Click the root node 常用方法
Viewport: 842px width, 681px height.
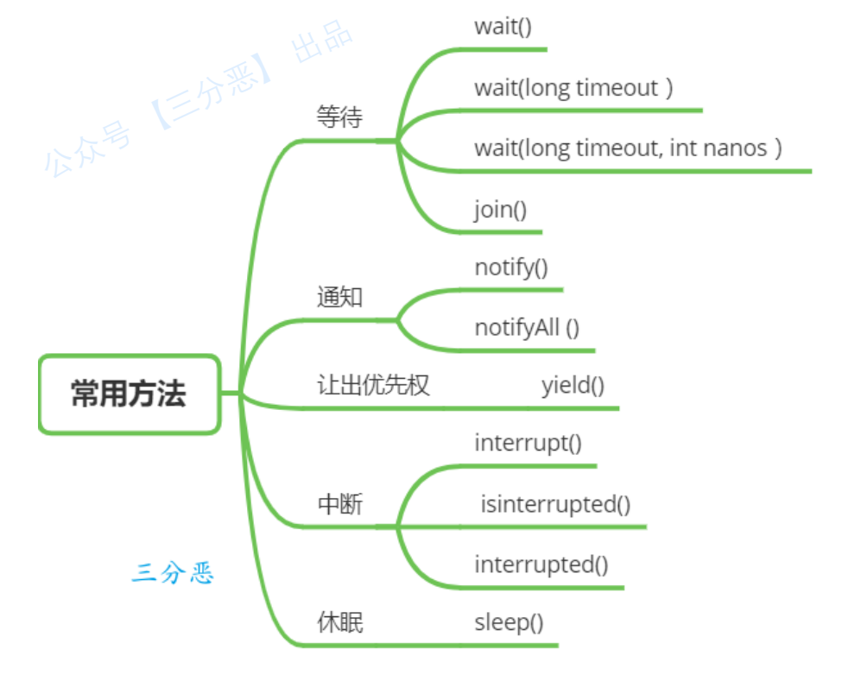[x=129, y=394]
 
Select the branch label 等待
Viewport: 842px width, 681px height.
[x=339, y=118]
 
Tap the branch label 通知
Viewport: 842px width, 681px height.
[x=339, y=298]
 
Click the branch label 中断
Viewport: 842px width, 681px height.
[x=339, y=504]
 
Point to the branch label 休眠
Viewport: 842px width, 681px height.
[x=339, y=622]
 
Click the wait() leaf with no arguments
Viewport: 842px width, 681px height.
[x=503, y=26]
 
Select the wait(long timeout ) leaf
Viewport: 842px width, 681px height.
[x=573, y=87]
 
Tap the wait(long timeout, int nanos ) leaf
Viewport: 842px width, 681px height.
[x=628, y=148]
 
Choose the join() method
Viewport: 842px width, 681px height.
[x=500, y=210]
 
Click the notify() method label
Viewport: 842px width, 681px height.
[x=511, y=268]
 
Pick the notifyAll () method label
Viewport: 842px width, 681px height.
[x=527, y=328]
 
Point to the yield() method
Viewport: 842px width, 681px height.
[x=573, y=385]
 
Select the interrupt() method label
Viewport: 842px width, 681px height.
[x=528, y=444]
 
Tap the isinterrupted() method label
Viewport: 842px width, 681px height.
[x=555, y=504]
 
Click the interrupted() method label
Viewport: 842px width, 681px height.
[x=541, y=564]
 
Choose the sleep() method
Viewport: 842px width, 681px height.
[x=509, y=622]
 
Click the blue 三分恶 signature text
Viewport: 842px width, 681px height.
[x=173, y=573]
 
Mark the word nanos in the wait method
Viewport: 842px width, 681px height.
[x=735, y=148]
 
